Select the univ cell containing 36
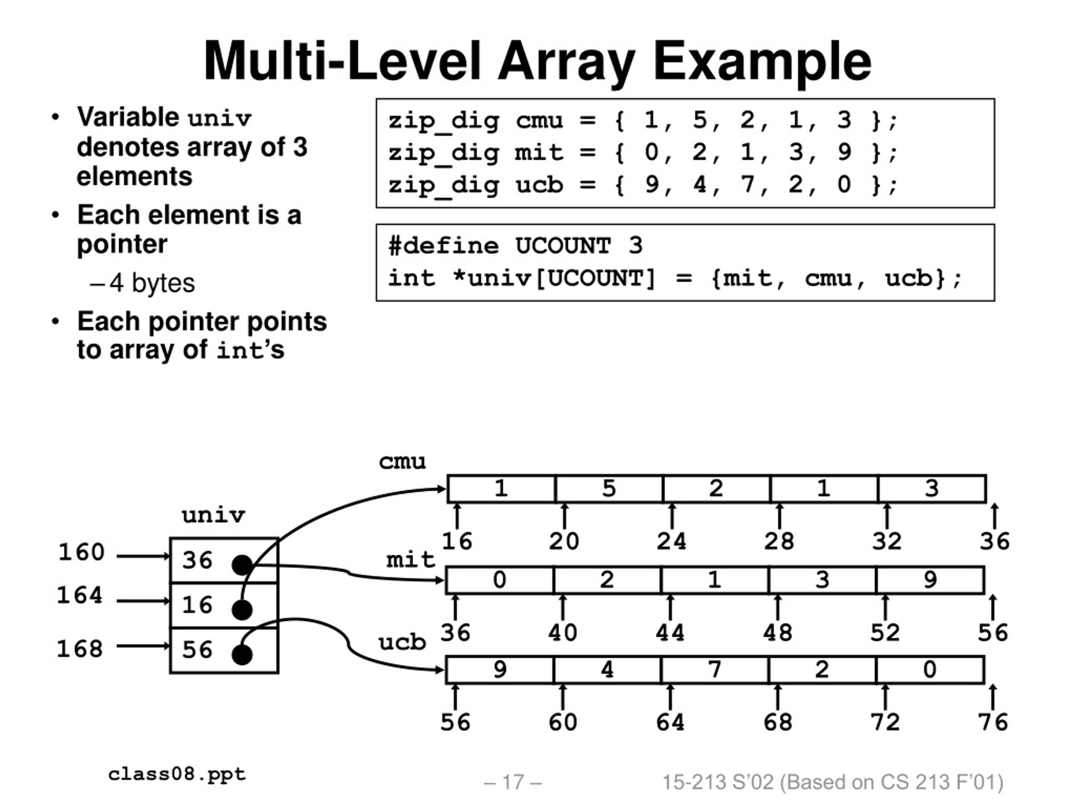point(224,560)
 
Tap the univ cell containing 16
point(224,605)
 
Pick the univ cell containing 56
point(224,650)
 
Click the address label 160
point(81,552)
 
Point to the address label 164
point(80,596)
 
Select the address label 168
point(80,649)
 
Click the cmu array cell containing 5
point(609,488)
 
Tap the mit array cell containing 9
point(930,580)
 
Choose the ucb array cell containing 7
point(715,670)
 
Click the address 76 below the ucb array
point(993,723)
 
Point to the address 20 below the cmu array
point(564,541)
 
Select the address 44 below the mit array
point(670,633)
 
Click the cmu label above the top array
point(402,462)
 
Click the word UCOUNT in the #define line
point(563,245)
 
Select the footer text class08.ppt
point(177,774)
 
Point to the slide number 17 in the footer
point(513,782)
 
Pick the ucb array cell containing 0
point(930,670)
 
